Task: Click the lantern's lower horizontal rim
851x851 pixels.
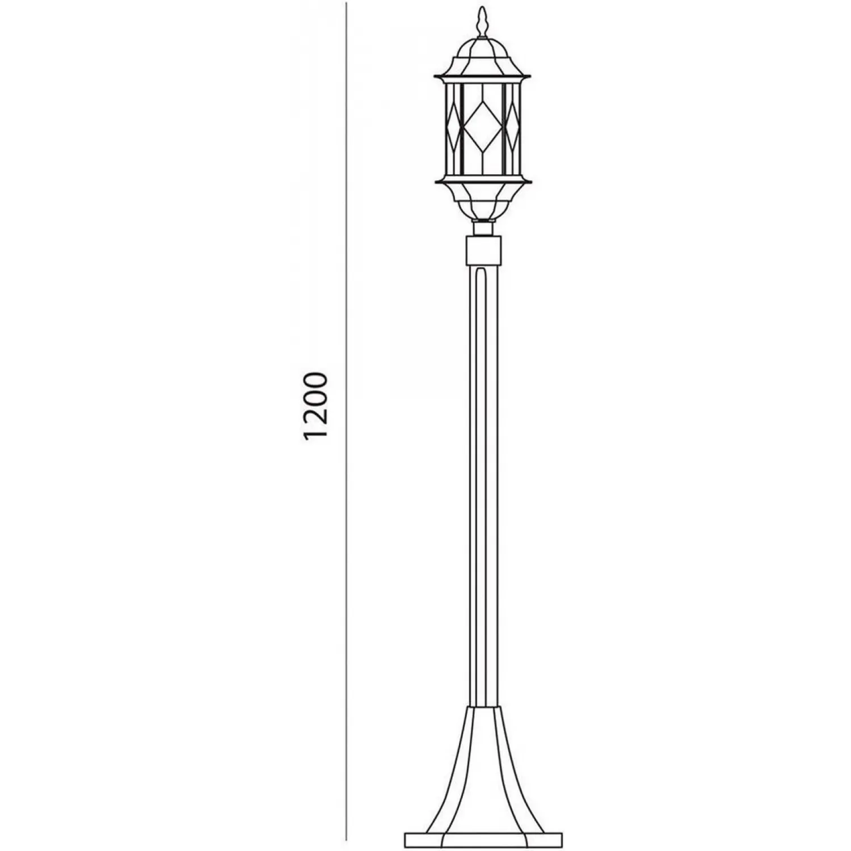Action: tap(483, 182)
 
